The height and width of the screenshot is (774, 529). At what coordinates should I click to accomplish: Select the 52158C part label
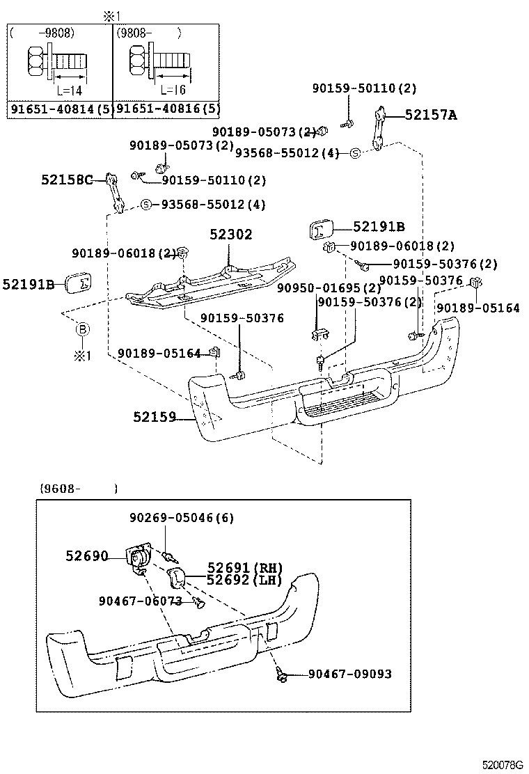coord(66,180)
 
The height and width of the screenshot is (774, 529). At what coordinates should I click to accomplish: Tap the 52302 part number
coord(231,235)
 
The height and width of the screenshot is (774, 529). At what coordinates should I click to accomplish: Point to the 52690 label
coord(87,556)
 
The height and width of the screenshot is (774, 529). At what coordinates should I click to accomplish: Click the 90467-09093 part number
coord(349,674)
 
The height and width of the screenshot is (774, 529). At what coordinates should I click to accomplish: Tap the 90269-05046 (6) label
coord(181,518)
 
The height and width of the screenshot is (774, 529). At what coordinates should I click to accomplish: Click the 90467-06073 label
coord(140,601)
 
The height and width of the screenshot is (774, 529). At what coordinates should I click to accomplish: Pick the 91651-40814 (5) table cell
coord(59,109)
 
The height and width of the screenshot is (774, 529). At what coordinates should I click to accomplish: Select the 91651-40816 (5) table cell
coord(167,109)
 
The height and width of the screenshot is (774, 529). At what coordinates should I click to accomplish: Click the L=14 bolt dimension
coord(70,90)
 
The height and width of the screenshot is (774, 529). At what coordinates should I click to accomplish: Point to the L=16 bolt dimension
coord(172,90)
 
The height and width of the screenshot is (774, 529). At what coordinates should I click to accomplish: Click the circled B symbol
coord(82,329)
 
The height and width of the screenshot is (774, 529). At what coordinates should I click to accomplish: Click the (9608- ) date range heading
coord(77,489)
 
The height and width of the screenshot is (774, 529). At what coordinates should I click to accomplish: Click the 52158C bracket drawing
coord(114,192)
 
